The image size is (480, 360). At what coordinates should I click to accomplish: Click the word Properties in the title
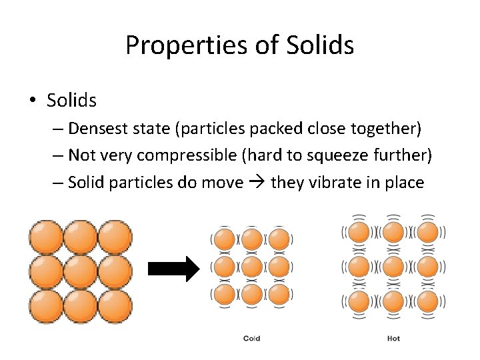click(175, 45)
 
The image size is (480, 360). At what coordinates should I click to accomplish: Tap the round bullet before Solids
click(33, 101)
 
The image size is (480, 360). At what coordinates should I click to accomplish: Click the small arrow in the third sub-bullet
click(256, 183)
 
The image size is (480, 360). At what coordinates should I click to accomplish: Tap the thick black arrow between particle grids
click(173, 269)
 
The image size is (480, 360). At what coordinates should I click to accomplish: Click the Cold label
click(251, 339)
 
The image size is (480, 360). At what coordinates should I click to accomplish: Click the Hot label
click(393, 339)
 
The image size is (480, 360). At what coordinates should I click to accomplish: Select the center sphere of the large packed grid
click(81, 271)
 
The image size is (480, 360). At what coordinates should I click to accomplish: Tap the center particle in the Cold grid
click(251, 267)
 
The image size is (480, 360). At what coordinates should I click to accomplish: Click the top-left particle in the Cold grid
click(225, 239)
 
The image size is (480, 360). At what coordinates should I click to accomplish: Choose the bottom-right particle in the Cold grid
click(279, 294)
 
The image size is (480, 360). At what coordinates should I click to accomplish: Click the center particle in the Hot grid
click(393, 266)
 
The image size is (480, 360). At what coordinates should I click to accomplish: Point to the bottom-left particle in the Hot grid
click(359, 300)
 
